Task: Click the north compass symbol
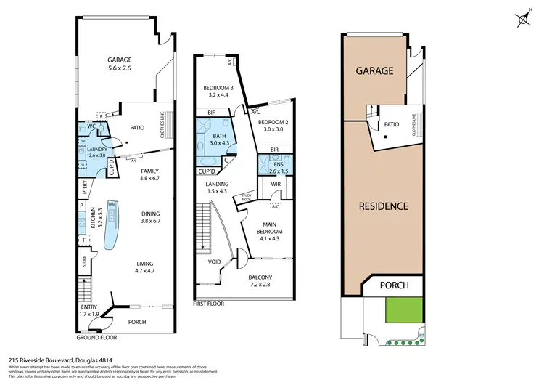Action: [x=522, y=20]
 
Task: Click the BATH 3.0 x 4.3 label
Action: [x=218, y=139]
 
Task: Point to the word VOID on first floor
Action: [x=215, y=262]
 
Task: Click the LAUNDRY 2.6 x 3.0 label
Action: [x=96, y=152]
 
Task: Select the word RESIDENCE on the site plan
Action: [x=384, y=206]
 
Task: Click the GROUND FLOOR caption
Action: [x=96, y=338]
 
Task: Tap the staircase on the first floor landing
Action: [x=203, y=224]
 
